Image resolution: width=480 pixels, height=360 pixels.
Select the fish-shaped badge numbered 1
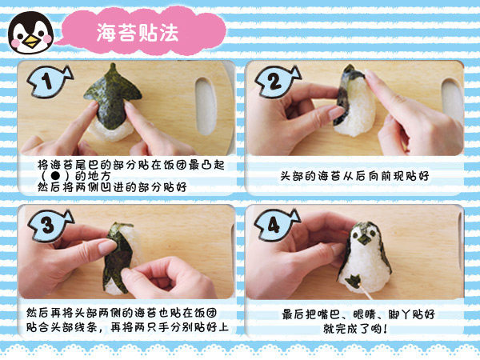(x=49, y=82)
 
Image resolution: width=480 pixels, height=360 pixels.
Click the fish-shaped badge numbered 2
(x=277, y=82)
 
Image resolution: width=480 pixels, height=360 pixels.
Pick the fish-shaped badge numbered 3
(x=50, y=226)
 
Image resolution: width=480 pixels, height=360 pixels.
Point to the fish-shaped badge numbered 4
(x=277, y=226)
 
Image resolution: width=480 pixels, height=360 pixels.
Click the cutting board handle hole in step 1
(x=206, y=106)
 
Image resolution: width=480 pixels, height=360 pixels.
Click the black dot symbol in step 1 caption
(x=55, y=176)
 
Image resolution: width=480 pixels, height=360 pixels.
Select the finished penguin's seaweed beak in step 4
(x=364, y=240)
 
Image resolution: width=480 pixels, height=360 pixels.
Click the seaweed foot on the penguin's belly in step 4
(x=353, y=280)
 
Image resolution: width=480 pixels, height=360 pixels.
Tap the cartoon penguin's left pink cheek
(x=15, y=41)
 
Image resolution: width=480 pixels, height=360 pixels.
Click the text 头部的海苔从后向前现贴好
(x=354, y=176)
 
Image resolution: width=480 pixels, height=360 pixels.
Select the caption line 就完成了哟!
(x=355, y=329)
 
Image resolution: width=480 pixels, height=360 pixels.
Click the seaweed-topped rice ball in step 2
(x=355, y=101)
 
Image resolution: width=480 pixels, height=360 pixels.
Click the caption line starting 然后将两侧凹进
(x=112, y=186)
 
